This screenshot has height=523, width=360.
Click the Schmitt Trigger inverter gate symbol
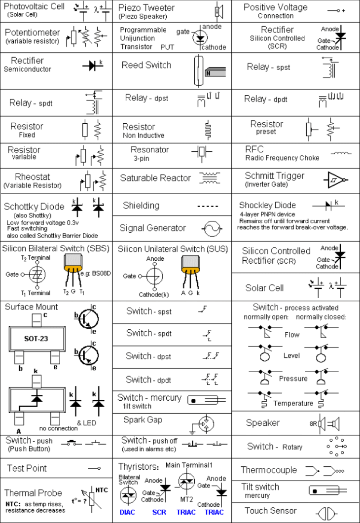pyautogui.click(x=337, y=180)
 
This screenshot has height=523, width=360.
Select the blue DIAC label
pyautogui.click(x=127, y=512)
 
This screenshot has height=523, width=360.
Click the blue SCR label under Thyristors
pyautogui.click(x=159, y=512)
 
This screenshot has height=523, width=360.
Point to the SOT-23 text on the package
pyautogui.click(x=36, y=339)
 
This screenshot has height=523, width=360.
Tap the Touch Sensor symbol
pyautogui.click(x=326, y=513)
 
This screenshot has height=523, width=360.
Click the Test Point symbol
pyautogui.click(x=94, y=468)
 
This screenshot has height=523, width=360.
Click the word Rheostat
pyautogui.click(x=33, y=177)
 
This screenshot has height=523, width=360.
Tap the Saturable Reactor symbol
pyautogui.click(x=210, y=178)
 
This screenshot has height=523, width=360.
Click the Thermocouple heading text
pyautogui.click(x=269, y=470)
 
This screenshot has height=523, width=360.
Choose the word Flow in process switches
pyautogui.click(x=292, y=335)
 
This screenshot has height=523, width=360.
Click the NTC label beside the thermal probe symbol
pyautogui.click(x=101, y=489)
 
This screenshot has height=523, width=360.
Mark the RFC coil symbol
pyautogui.click(x=341, y=153)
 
